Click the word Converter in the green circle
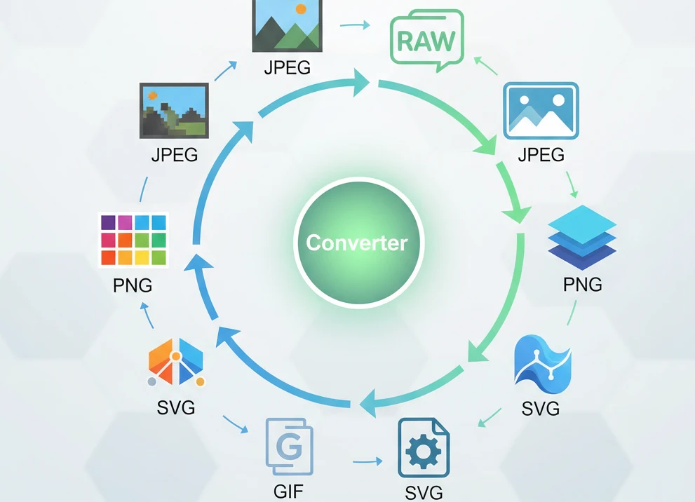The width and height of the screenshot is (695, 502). pos(357,243)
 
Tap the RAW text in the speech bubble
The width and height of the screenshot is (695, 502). pos(426,41)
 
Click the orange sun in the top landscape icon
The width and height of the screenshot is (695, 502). pos(302,10)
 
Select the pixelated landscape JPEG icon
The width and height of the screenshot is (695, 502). pos(174,110)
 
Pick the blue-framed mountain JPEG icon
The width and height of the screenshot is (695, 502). pos(541,110)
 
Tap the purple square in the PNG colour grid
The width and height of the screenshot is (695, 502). pos(109,223)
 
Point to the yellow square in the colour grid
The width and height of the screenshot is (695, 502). pos(142,257)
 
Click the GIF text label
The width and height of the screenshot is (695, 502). pos(288,491)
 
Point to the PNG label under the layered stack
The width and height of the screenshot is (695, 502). pos(582,284)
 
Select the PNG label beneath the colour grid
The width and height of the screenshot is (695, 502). pos(133,285)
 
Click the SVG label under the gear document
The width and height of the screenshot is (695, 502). pos(424,493)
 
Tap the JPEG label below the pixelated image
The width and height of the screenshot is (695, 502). pos(175,154)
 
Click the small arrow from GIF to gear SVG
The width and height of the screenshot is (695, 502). pos(367,462)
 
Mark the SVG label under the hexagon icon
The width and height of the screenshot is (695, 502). pos(176,407)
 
